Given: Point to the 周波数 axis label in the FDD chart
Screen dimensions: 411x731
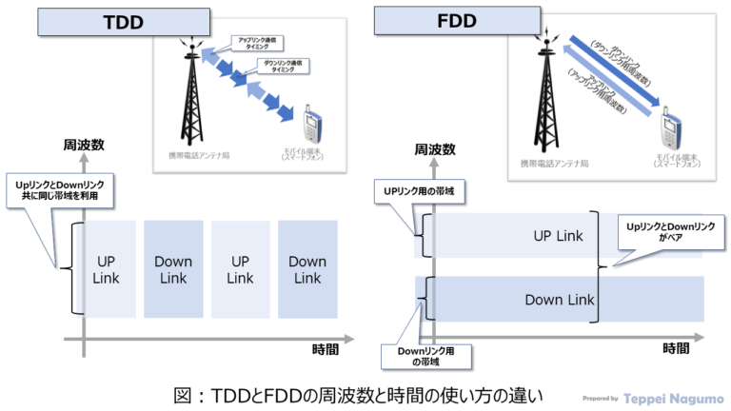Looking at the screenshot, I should pyautogui.click(x=435, y=150).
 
